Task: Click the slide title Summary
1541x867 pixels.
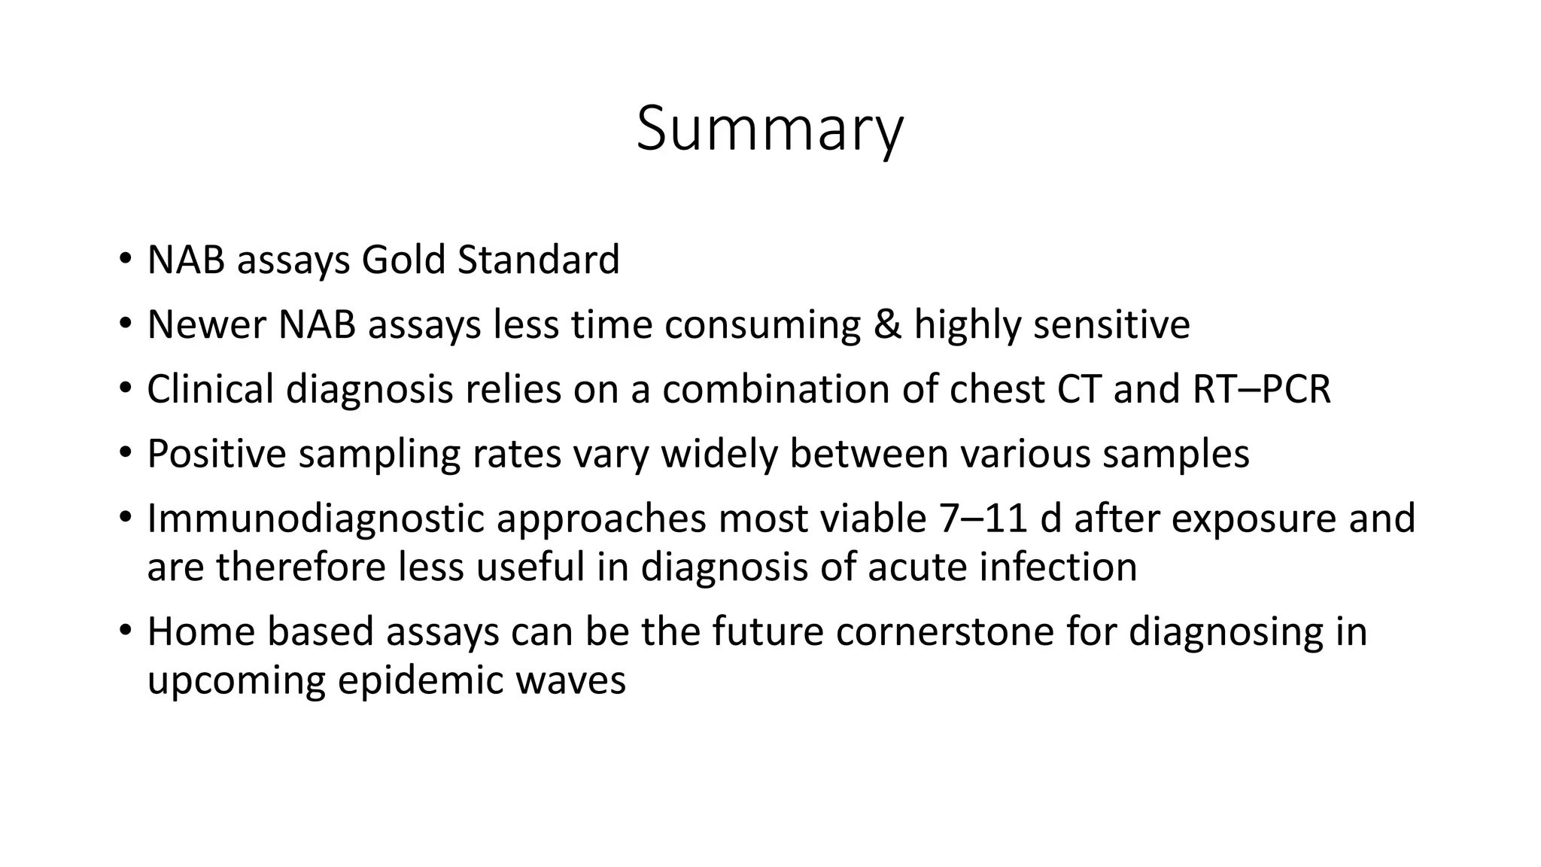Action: coord(769,129)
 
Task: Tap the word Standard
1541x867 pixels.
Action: coord(538,260)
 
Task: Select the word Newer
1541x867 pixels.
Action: coord(206,325)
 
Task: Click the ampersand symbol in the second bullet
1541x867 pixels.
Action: coord(887,325)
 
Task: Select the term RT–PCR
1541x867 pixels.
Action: coord(1262,390)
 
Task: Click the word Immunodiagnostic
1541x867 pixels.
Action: coord(315,519)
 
